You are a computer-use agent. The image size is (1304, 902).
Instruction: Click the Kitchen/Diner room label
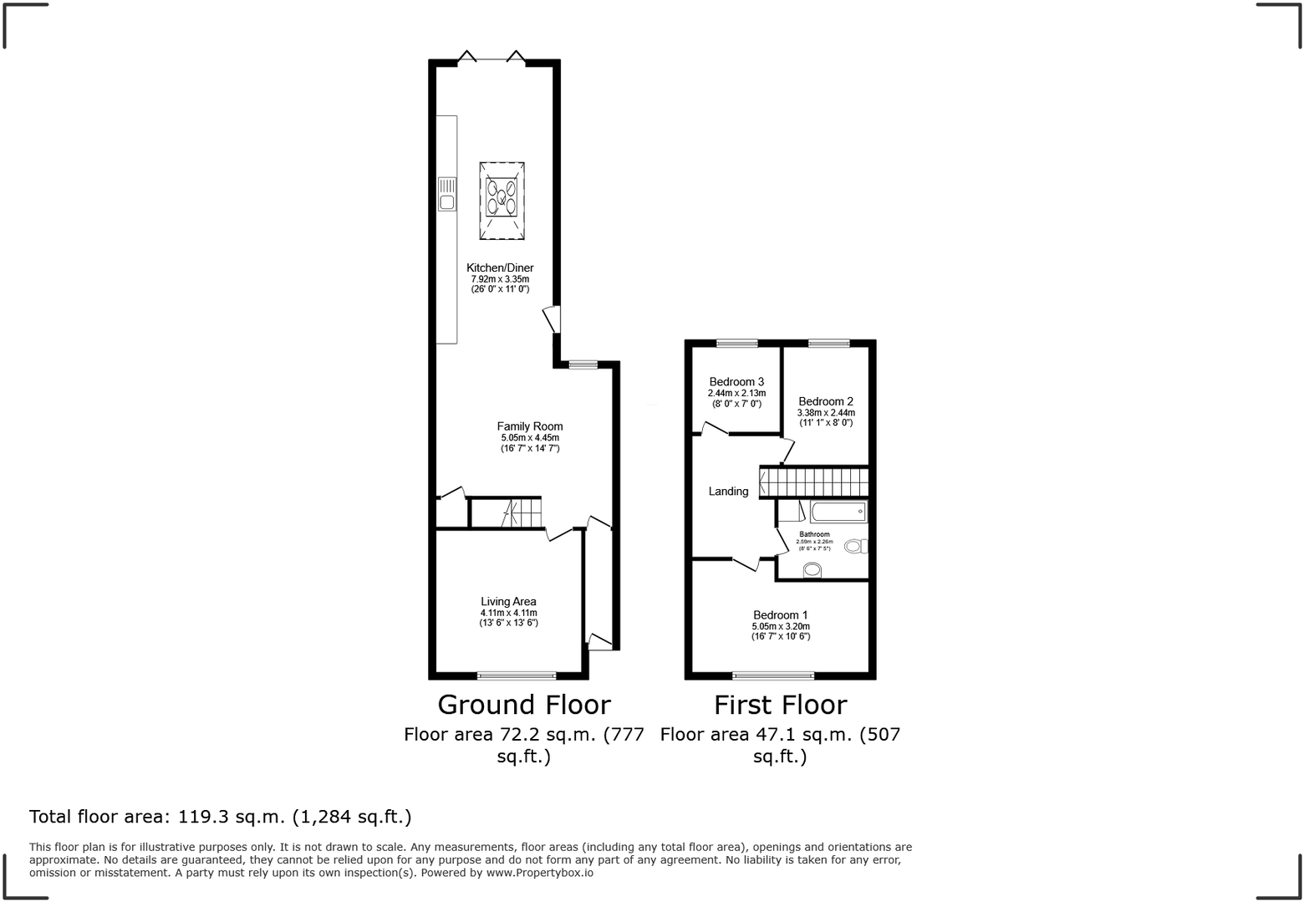[500, 268]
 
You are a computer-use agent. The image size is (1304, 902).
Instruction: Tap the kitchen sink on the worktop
[446, 193]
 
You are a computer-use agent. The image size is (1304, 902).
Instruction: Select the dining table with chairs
[502, 200]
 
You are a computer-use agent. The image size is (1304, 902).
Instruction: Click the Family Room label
[530, 426]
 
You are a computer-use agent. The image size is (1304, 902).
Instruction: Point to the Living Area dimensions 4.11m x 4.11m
[508, 613]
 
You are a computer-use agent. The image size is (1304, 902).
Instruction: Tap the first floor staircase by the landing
[813, 482]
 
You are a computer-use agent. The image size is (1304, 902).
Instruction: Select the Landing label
[728, 492]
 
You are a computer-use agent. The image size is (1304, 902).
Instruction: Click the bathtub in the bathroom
[838, 512]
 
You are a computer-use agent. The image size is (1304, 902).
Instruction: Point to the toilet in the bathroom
[856, 547]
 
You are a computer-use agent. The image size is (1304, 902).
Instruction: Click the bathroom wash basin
[812, 571]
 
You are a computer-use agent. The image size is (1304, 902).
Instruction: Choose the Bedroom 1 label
[780, 615]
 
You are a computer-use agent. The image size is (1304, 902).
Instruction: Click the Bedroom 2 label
[825, 401]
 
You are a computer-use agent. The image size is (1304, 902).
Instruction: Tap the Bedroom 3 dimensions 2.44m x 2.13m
[736, 393]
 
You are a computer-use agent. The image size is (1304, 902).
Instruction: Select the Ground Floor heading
[524, 705]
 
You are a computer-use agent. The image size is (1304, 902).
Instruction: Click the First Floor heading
[780, 705]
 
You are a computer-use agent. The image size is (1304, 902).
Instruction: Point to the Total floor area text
[221, 817]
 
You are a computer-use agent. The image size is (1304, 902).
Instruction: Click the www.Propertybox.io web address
[540, 873]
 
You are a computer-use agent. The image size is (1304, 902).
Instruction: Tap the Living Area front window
[517, 675]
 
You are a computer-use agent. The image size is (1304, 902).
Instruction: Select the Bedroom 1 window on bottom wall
[773, 675]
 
